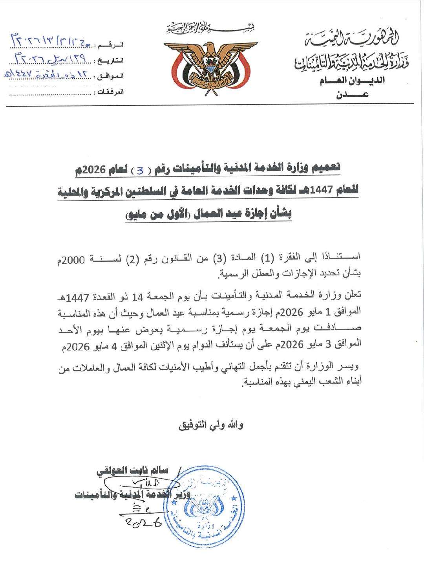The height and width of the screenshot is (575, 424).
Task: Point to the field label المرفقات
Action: (110, 92)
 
